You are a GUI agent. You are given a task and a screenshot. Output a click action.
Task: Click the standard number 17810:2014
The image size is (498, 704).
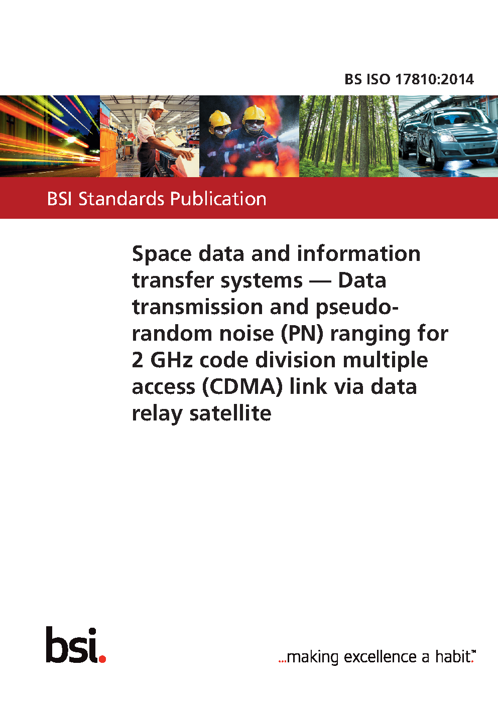(434, 79)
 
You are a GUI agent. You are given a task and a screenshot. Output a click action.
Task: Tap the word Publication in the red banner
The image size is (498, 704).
(218, 199)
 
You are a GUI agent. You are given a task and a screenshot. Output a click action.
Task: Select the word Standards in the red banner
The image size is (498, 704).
(121, 199)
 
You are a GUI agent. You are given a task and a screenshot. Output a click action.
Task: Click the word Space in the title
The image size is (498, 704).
(162, 254)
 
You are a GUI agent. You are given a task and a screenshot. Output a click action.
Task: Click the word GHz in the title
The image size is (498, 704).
(171, 360)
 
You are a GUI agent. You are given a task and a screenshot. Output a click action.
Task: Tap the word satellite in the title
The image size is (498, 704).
(230, 413)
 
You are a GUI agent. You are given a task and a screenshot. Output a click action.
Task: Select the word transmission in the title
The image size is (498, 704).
(197, 307)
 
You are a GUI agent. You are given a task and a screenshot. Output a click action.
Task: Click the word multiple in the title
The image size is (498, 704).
(386, 360)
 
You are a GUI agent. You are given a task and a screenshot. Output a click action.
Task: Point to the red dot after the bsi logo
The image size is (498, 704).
(102, 659)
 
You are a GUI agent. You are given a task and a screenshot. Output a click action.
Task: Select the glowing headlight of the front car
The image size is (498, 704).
(446, 137)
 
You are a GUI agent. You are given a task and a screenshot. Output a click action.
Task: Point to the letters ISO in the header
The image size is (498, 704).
(378, 79)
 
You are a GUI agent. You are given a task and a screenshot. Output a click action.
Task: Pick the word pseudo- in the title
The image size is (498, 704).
(357, 308)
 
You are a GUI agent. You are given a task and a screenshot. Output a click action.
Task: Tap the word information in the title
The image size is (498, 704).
(358, 254)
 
